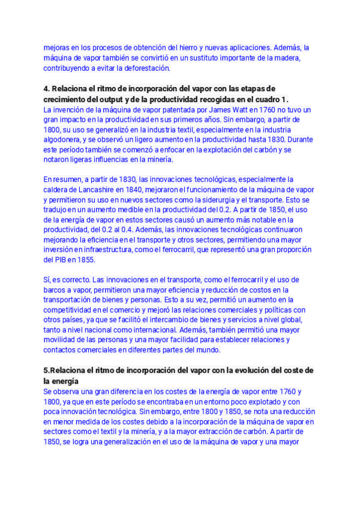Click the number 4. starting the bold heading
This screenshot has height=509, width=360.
47,88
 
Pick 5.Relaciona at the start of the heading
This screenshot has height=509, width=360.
67,370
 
